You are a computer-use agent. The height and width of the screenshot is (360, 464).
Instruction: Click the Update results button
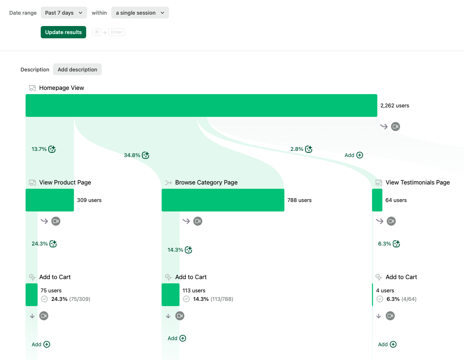[x=63, y=32]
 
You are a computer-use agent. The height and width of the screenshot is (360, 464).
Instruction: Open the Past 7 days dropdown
[x=63, y=13]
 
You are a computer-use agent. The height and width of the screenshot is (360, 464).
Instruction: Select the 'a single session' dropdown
[x=140, y=13]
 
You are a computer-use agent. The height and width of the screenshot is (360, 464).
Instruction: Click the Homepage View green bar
[x=201, y=105]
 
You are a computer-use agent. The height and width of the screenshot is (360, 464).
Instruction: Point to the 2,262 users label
[x=394, y=105]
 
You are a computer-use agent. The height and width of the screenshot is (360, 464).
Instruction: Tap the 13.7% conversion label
[x=39, y=149]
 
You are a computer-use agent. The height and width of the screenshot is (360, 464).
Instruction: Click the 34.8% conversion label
[x=132, y=155]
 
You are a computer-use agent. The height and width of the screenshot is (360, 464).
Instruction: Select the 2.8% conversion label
[x=297, y=149]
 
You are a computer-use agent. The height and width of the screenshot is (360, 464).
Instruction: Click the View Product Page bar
[x=50, y=200]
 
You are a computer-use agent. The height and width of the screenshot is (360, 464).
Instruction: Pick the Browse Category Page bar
[x=223, y=200]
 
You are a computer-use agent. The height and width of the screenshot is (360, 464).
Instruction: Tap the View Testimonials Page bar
[x=377, y=200]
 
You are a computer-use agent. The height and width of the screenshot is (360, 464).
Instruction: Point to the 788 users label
[x=299, y=200]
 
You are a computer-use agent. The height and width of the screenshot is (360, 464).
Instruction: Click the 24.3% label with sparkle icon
[x=40, y=244]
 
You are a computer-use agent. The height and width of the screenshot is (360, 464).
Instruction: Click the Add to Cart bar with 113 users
[x=170, y=295]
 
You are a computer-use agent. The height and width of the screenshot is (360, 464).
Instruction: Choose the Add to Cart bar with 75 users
[x=31, y=295]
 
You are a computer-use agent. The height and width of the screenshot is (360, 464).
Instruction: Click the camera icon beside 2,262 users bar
[x=395, y=126]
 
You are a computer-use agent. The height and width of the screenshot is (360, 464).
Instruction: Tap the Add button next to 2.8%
[x=354, y=155]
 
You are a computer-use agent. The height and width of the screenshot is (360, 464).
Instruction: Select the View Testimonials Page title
[x=418, y=183]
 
